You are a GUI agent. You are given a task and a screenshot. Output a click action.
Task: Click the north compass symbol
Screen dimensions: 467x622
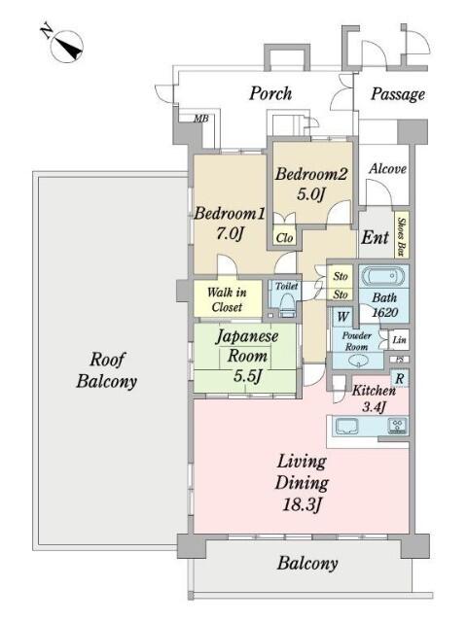(x=63, y=45)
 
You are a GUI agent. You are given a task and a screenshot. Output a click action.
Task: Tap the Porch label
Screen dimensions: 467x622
(x=270, y=94)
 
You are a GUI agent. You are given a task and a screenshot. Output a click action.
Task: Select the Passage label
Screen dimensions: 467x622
(x=398, y=95)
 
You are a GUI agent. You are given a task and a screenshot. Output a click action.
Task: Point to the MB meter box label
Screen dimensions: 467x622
(x=201, y=119)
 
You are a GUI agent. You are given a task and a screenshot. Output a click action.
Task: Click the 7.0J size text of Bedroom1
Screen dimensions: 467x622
(x=230, y=234)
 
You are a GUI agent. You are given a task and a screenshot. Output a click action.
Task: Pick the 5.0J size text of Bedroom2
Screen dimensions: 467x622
(x=311, y=194)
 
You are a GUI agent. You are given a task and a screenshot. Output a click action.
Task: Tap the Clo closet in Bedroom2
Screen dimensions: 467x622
(x=284, y=237)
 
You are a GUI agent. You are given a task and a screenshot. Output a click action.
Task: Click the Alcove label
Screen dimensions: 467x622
(x=387, y=169)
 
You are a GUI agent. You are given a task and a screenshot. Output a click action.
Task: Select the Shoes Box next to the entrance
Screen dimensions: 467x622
(x=402, y=236)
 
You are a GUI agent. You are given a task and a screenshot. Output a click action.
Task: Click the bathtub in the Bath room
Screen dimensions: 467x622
(x=384, y=276)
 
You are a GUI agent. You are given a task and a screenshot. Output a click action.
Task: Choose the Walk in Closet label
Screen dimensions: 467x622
(x=227, y=299)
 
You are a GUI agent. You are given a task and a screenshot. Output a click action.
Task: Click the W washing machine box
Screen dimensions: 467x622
(x=342, y=317)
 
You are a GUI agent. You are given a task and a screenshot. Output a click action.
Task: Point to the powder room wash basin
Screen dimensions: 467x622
(x=358, y=361)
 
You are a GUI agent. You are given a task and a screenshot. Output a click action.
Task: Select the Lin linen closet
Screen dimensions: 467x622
(x=399, y=340)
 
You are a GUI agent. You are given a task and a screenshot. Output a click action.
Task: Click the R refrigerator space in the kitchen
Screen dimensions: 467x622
(x=400, y=378)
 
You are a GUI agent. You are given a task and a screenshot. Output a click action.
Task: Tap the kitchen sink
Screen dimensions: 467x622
(x=346, y=427)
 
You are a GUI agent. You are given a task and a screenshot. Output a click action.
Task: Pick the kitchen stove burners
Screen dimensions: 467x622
(x=397, y=426)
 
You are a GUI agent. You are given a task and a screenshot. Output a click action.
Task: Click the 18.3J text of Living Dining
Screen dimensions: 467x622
(x=302, y=504)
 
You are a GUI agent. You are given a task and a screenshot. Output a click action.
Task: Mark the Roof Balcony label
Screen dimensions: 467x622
(x=107, y=370)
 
